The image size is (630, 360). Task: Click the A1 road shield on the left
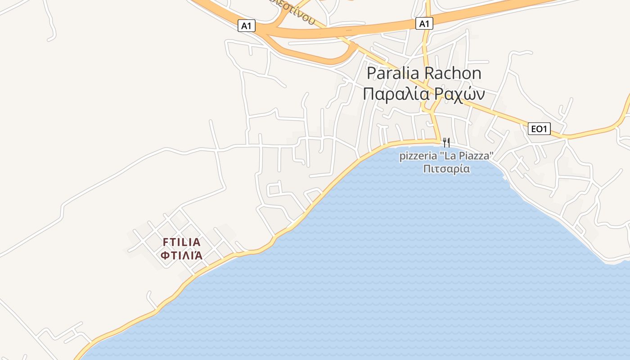tap(246, 26)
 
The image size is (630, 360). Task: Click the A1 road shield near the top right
tap(424, 23)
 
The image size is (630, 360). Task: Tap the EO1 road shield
tap(539, 129)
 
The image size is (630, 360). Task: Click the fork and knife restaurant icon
tap(446, 143)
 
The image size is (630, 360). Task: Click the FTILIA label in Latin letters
tap(181, 242)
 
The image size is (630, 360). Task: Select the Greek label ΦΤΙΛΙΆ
tap(181, 256)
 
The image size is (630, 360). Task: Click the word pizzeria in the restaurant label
tap(418, 156)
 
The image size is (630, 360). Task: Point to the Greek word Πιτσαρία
tap(446, 169)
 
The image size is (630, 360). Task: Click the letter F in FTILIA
tap(166, 242)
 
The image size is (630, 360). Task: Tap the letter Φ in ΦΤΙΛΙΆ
tap(165, 256)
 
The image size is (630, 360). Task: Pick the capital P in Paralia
tap(372, 73)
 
